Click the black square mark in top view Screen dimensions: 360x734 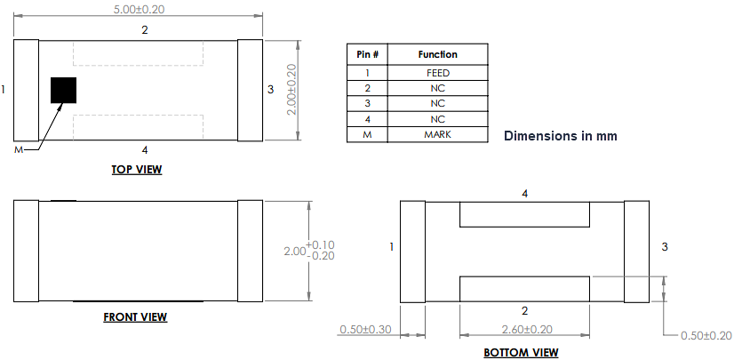pyautogui.click(x=63, y=90)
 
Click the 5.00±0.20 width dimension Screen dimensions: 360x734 pyautogui.click(x=139, y=9)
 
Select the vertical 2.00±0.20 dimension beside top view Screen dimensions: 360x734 pyautogui.click(x=291, y=90)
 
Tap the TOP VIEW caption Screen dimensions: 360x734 pyautogui.click(x=137, y=169)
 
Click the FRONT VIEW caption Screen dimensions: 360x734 pyautogui.click(x=135, y=316)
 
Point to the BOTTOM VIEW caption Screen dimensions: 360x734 pyautogui.click(x=521, y=352)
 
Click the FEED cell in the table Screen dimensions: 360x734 pyautogui.click(x=437, y=72)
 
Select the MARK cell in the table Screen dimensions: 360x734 pyautogui.click(x=437, y=134)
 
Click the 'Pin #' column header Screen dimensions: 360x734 pyautogui.click(x=368, y=54)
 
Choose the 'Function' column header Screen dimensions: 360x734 pyautogui.click(x=437, y=54)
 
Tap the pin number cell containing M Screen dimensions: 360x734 pyautogui.click(x=368, y=134)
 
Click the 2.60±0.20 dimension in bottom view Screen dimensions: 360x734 pyautogui.click(x=524, y=329)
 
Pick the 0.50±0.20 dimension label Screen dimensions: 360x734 pyautogui.click(x=706, y=335)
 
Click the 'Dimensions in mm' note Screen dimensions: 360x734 pyautogui.click(x=560, y=136)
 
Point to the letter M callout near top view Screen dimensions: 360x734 pyautogui.click(x=18, y=149)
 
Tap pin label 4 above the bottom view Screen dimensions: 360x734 pyautogui.click(x=524, y=193)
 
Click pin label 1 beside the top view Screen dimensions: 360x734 pyautogui.click(x=4, y=89)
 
